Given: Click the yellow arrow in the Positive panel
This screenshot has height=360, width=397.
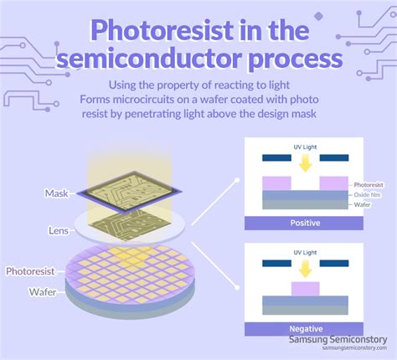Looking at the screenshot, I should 305,163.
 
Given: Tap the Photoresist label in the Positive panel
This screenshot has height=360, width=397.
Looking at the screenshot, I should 369,183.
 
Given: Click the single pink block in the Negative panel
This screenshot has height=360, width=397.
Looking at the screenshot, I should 305,289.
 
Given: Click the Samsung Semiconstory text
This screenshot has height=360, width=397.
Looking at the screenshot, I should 337,340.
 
